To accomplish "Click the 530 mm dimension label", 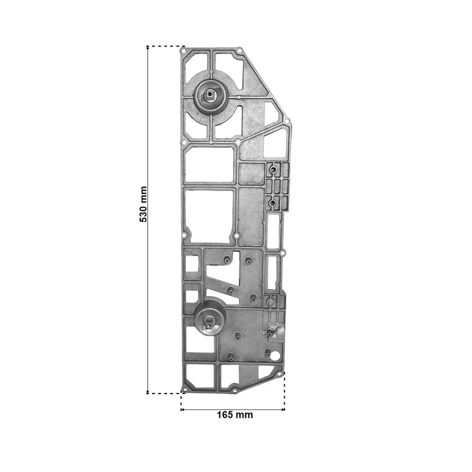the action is tap(143, 204).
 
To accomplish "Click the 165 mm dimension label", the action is tap(235, 415).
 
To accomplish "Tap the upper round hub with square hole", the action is tap(210, 95).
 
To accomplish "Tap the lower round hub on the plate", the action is tap(210, 322).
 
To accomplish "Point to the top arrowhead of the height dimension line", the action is tap(147, 48).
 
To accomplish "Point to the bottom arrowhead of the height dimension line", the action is tap(147, 391).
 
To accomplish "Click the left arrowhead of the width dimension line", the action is tap(182, 409).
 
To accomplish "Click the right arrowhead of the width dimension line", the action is tap(283, 409).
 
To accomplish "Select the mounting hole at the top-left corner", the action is tap(183, 51).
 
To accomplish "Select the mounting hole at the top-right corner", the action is tap(240, 51).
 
